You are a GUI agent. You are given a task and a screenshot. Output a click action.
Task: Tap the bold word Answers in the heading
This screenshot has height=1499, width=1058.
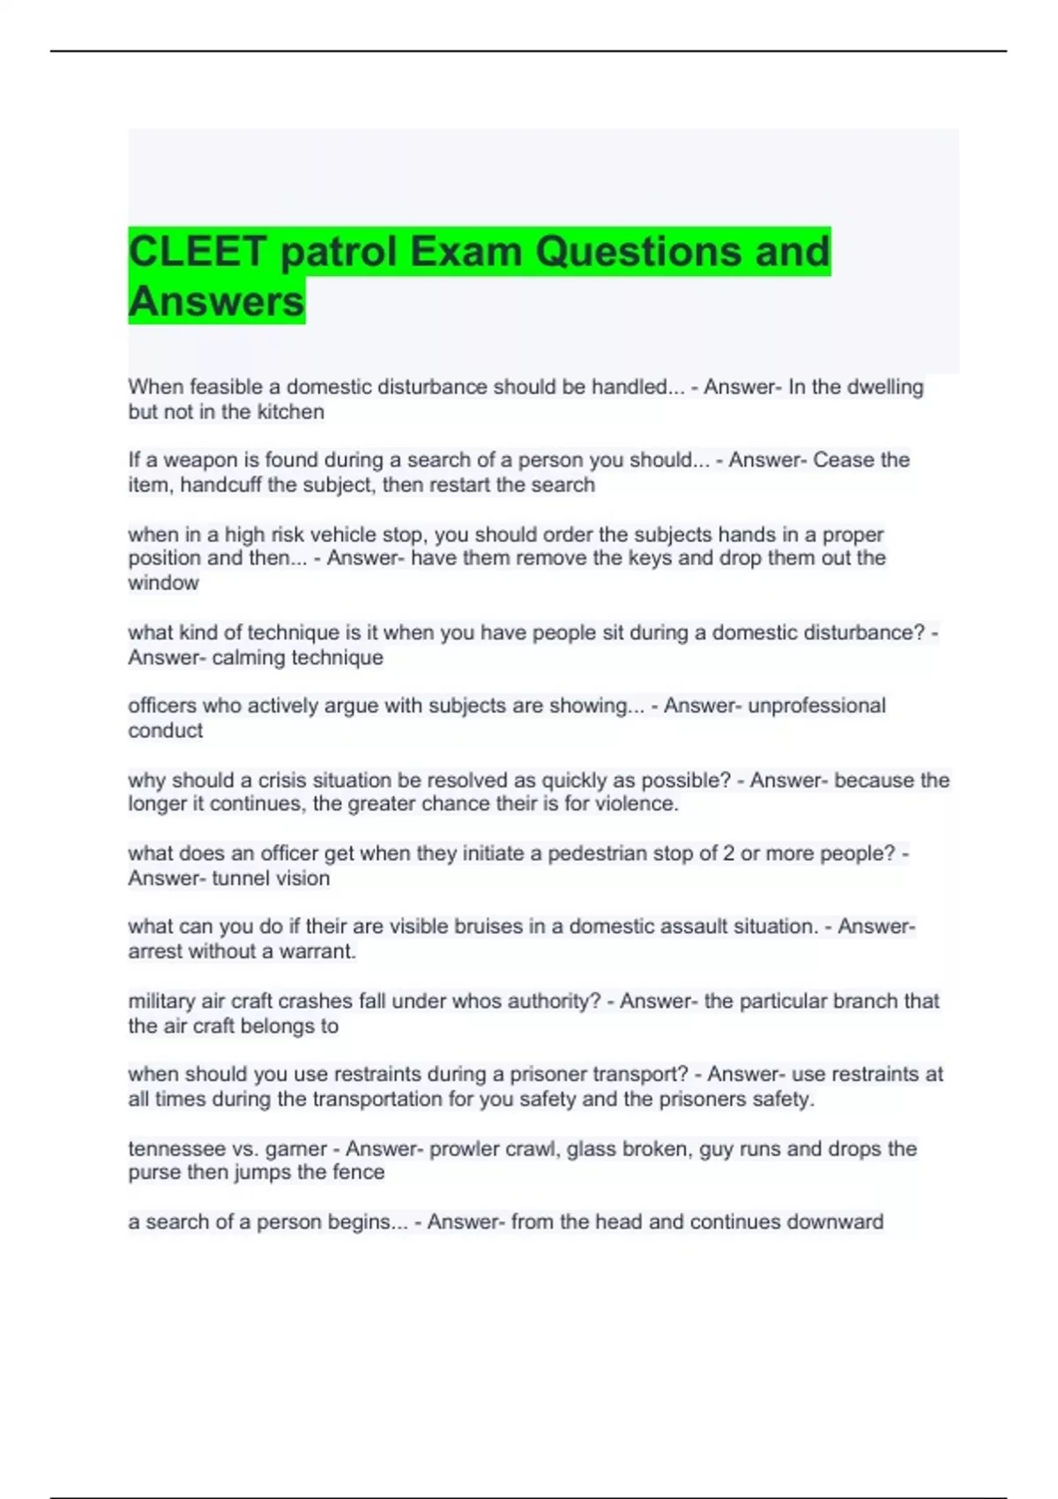pos(216,302)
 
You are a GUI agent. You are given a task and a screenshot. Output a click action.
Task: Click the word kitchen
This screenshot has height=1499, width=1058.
pos(290,412)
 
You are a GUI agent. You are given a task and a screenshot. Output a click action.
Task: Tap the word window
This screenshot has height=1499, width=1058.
pos(163,583)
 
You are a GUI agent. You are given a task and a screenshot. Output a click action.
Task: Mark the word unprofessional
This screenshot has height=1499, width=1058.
pos(816,705)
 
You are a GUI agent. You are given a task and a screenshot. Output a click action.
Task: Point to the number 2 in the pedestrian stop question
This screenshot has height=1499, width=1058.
pos(728,854)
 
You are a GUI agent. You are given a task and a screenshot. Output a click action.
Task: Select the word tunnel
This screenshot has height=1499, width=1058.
pos(240,878)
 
